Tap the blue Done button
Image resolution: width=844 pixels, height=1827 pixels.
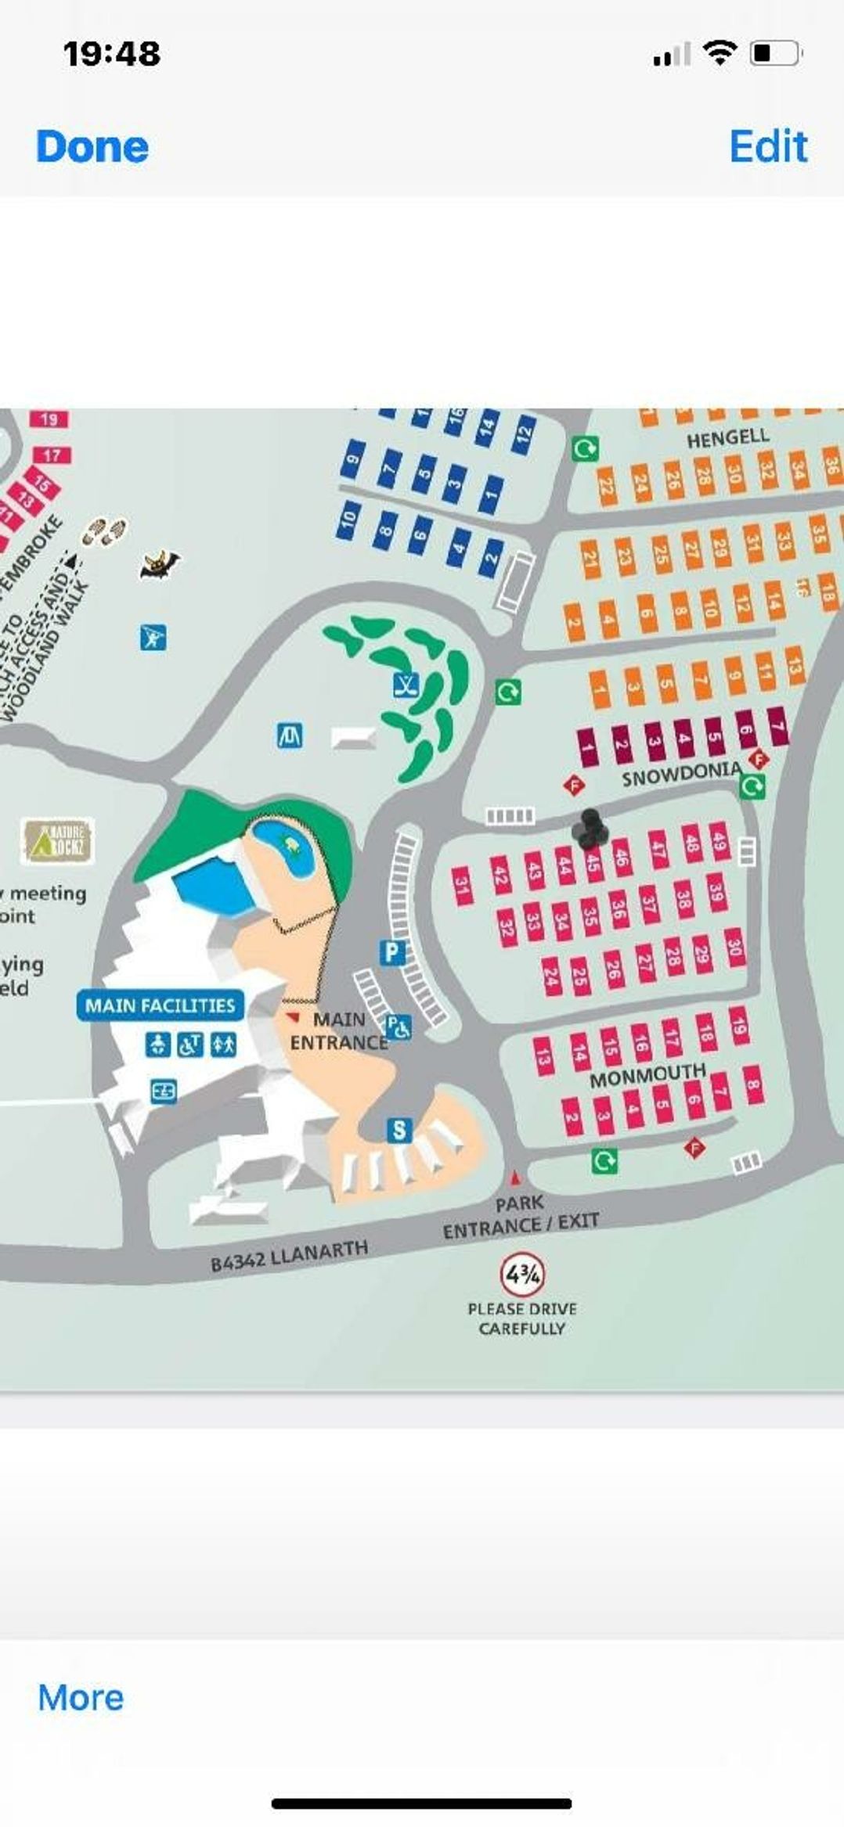click(92, 146)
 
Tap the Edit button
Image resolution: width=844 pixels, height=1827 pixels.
click(767, 146)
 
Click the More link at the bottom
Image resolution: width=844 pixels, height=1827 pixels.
click(81, 1697)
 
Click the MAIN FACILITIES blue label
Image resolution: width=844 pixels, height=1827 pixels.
click(160, 1005)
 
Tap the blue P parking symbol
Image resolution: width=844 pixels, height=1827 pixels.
click(392, 952)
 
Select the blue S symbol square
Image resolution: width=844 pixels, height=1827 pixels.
click(399, 1129)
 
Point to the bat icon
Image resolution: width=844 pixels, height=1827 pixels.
click(160, 563)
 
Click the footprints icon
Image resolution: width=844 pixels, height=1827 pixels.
click(105, 532)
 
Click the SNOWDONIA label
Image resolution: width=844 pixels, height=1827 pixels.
click(681, 774)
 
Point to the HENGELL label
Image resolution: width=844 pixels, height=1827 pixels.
click(728, 437)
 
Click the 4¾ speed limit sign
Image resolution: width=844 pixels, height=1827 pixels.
click(522, 1275)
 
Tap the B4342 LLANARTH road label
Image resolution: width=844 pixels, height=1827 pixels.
click(289, 1256)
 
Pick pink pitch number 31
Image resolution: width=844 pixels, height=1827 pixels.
click(462, 886)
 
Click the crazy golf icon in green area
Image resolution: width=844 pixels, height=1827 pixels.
click(406, 685)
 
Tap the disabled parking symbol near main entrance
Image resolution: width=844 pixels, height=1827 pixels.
click(399, 1027)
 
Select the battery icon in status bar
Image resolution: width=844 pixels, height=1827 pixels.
click(775, 53)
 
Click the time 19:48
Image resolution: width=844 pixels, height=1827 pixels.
click(112, 53)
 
